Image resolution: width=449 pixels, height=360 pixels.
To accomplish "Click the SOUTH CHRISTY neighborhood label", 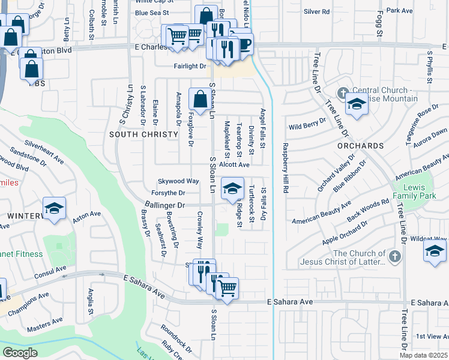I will pos(144,134).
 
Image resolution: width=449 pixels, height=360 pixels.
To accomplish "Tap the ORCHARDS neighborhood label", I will pos(360,146).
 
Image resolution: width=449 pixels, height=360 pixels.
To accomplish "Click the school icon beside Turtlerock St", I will pos(232,189).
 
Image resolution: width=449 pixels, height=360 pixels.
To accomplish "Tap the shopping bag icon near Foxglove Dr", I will pos(199,99).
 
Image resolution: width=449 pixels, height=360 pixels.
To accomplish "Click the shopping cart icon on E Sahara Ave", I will pos(227,288).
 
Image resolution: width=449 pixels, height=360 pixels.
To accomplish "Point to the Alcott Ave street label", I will pos(234,164).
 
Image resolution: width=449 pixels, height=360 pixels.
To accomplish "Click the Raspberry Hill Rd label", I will pos(285,167).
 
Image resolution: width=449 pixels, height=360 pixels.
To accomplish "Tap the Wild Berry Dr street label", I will pos(307,127).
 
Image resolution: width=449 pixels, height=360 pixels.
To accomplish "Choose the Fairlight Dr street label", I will pos(190,67).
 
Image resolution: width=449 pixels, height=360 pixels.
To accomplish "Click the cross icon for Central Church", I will pos(343,93).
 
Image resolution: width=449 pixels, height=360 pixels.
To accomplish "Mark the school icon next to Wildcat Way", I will pos(435,251).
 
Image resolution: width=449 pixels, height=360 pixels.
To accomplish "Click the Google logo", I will pos(20,352).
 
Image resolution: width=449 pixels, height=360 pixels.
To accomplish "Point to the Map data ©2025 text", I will pos(423,355).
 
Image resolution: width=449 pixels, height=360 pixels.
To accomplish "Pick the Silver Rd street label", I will pos(317,11).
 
